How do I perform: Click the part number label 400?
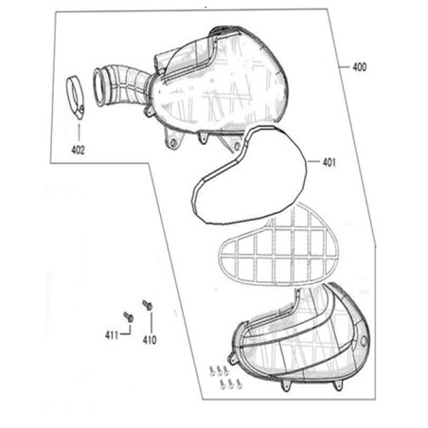tap(360, 67)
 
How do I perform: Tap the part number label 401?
tap(329, 162)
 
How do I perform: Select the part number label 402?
tap(78, 150)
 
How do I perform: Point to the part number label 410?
tap(150, 340)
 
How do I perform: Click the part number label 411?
tap(112, 335)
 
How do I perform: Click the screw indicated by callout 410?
tap(148, 305)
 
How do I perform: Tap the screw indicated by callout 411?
tap(129, 316)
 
